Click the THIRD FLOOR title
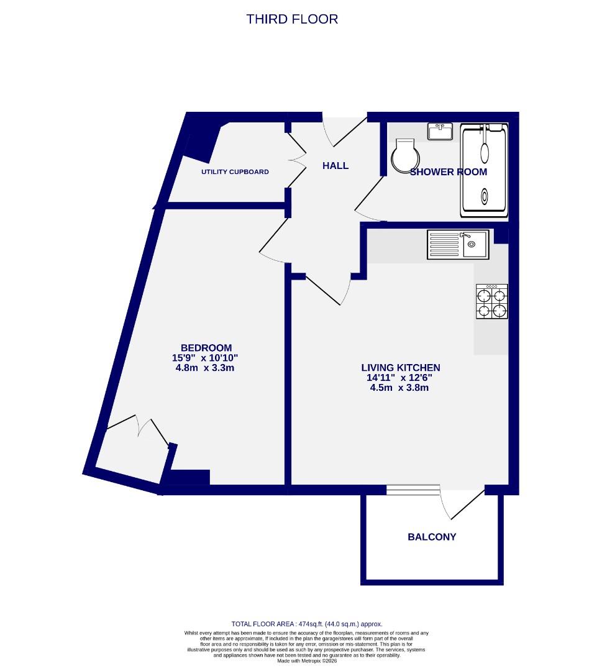click(292, 19)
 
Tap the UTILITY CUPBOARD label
click(235, 171)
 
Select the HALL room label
click(335, 166)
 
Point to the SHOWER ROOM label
click(448, 172)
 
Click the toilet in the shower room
click(404, 155)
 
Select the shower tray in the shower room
click(484, 170)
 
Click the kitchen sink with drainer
click(457, 244)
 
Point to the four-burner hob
click(491, 302)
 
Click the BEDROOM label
click(206, 348)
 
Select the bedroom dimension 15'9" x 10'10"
click(205, 358)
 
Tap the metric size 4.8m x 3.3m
click(205, 368)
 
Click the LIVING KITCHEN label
click(401, 368)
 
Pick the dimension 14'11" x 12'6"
click(399, 378)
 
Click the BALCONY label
click(432, 537)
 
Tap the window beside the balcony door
click(413, 490)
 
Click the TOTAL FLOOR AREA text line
click(307, 624)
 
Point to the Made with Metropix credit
click(307, 661)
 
